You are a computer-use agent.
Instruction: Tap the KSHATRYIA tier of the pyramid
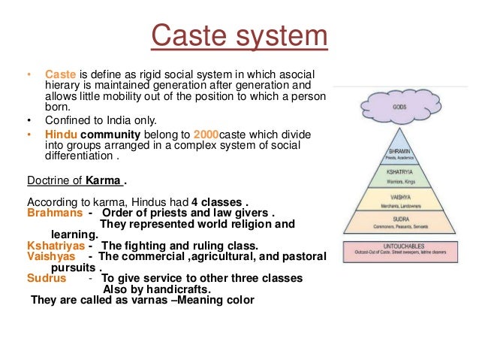[x=399, y=178]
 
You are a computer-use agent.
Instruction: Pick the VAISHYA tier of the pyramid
[x=399, y=201]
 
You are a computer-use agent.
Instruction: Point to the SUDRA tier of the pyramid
[x=399, y=225]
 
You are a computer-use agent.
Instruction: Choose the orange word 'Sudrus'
[x=44, y=278]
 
